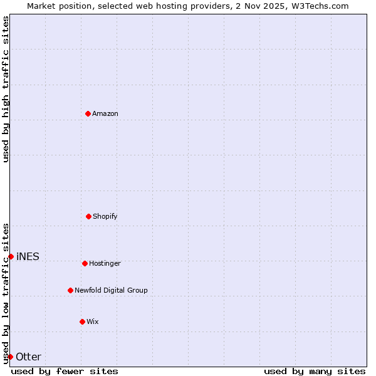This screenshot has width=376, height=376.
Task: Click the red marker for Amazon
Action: click(x=88, y=113)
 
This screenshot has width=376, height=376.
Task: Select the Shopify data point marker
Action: click(x=88, y=216)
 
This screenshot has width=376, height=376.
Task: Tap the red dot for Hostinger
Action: click(x=85, y=263)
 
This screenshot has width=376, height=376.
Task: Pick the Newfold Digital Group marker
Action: click(x=70, y=290)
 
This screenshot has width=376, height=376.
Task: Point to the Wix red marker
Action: click(x=82, y=321)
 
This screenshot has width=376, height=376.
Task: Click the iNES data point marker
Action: click(x=11, y=256)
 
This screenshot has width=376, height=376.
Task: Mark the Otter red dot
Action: click(x=10, y=357)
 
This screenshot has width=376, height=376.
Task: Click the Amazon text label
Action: click(x=105, y=113)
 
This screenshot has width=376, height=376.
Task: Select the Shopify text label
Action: click(x=105, y=216)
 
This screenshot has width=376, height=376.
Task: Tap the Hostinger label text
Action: click(x=105, y=263)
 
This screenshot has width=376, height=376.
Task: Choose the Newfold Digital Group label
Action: click(x=111, y=290)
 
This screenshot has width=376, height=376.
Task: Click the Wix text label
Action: click(x=93, y=321)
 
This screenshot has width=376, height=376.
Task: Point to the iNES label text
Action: click(x=28, y=256)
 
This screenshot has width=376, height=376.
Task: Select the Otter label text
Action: click(x=28, y=357)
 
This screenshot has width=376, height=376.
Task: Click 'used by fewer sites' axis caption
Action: click(x=65, y=371)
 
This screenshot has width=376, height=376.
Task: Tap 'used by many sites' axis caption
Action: click(x=315, y=371)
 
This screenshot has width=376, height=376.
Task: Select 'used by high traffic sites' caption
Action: click(x=6, y=89)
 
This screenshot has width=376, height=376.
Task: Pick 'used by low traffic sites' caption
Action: click(x=6, y=293)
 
